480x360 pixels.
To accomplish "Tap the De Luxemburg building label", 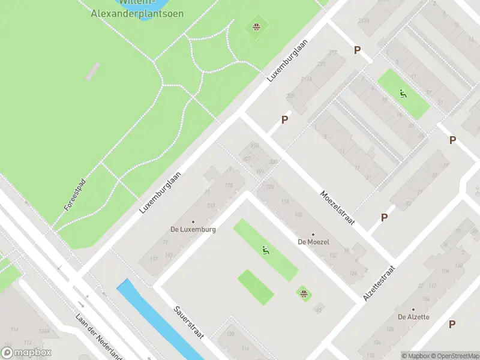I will (x=193, y=229).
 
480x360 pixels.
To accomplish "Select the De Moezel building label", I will (x=314, y=242).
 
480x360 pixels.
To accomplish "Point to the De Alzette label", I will (x=413, y=317).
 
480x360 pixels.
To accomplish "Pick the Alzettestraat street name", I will (x=379, y=283).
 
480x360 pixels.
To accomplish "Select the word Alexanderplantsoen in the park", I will (x=137, y=13).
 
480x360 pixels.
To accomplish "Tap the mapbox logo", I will (x=26, y=353).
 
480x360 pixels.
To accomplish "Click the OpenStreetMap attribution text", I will (x=455, y=356).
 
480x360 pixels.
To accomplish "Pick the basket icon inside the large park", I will (x=256, y=26).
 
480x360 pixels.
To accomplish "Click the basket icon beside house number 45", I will (x=304, y=293).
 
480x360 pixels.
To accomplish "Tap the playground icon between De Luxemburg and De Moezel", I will (x=265, y=250).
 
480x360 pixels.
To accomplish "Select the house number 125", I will (x=228, y=185).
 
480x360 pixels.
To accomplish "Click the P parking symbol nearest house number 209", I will (x=284, y=119).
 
